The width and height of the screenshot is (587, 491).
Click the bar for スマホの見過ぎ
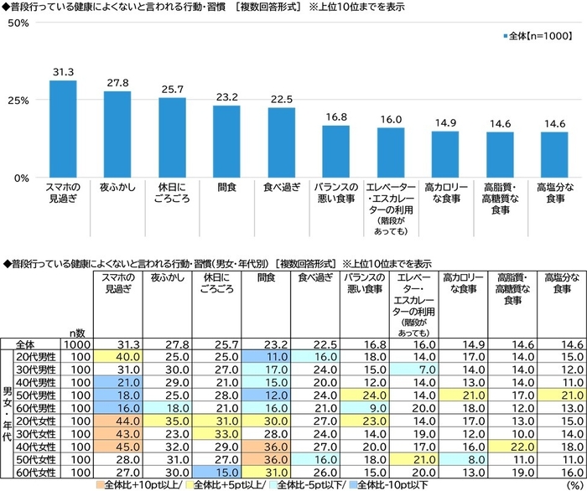63,129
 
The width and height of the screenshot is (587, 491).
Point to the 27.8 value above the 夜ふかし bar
117,83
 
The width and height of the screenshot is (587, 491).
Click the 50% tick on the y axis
18,23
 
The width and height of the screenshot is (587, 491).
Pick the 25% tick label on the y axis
18,100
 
